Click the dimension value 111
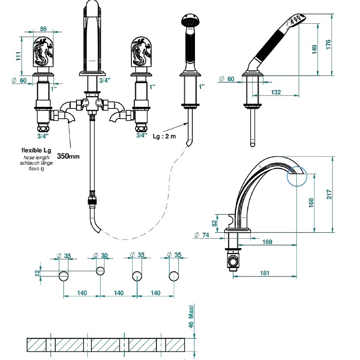tap(18, 56)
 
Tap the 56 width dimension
tap(43, 29)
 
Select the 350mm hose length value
tap(68, 156)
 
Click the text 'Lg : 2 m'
tap(164, 136)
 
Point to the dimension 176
tap(328, 44)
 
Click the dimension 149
tap(314, 49)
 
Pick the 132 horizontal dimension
tap(276, 92)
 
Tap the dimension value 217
tap(329, 194)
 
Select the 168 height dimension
tap(311, 203)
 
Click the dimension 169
tap(267, 242)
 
